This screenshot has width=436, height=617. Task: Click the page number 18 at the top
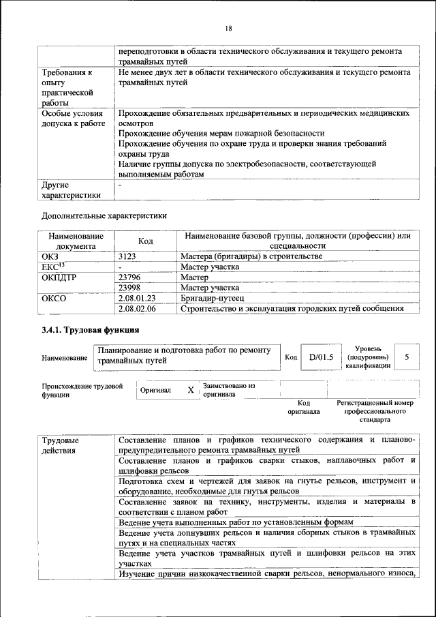click(x=229, y=28)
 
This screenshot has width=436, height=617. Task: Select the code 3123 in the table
click(x=128, y=256)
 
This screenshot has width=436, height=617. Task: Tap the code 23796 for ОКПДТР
click(x=130, y=277)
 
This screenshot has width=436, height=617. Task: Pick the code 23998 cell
click(x=130, y=288)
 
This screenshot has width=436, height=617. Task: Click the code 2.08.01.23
click(x=137, y=298)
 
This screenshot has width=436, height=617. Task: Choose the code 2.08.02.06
click(x=137, y=308)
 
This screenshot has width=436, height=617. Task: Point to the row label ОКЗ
click(x=51, y=256)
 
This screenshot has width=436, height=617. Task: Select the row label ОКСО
click(x=55, y=298)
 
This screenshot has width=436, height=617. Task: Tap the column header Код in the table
click(x=145, y=241)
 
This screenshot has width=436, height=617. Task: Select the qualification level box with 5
click(x=407, y=357)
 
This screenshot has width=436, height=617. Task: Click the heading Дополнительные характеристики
click(x=104, y=215)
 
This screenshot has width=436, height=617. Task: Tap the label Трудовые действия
click(x=60, y=445)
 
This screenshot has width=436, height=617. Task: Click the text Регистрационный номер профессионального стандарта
click(x=375, y=412)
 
